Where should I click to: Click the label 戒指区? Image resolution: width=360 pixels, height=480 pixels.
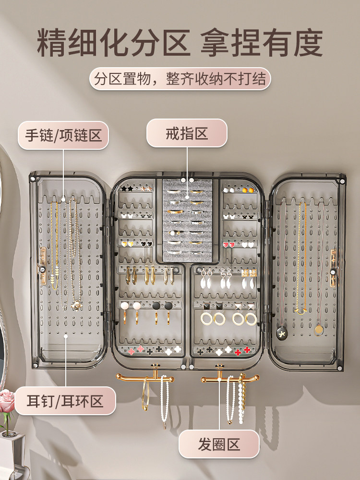point(187,133)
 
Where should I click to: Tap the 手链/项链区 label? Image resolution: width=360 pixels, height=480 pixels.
point(63,135)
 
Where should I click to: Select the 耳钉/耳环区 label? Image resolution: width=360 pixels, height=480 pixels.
point(65,401)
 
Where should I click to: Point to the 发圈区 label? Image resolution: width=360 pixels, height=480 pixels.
point(219,444)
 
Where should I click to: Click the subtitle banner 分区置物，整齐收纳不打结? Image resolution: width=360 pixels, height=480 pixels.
point(180,79)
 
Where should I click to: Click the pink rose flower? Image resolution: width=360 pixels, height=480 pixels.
point(7,401)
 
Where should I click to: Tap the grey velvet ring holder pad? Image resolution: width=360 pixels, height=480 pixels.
point(187,220)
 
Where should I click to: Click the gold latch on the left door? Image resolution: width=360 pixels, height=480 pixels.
point(42,266)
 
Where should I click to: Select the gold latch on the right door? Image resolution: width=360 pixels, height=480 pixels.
point(333,268)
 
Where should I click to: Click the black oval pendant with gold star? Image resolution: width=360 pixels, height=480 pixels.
point(282,333)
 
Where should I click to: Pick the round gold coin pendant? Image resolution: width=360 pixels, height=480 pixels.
point(319,330)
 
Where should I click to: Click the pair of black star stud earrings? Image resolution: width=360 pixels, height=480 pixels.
point(127,189)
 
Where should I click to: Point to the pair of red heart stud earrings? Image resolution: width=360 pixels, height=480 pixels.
point(228,245)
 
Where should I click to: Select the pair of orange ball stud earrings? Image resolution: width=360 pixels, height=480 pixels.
point(248,190)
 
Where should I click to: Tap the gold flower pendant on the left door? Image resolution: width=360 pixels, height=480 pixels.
point(76,305)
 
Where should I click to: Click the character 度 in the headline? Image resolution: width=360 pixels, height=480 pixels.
point(308,42)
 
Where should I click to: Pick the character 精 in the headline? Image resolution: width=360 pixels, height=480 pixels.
point(52,42)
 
